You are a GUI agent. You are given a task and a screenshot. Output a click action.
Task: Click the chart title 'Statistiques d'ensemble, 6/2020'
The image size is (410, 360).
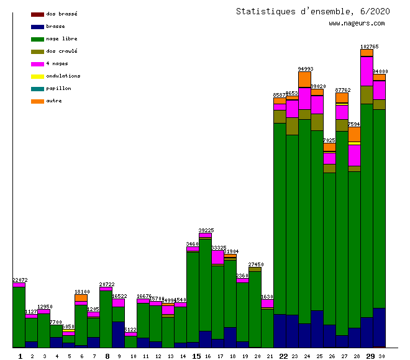(x=313, y=11)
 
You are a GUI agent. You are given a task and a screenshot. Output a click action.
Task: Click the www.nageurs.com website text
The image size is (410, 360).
(x=357, y=24)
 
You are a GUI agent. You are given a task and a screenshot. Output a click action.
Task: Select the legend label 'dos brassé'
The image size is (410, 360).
(x=61, y=14)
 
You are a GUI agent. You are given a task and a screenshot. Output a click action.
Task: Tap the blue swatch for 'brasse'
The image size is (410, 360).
(x=37, y=27)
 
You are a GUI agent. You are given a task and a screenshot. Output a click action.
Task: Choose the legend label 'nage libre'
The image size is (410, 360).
(x=61, y=38)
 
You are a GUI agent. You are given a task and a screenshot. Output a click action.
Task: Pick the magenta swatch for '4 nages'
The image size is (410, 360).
(x=37, y=64)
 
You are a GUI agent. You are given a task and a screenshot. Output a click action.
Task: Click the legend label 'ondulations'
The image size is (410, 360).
(x=63, y=76)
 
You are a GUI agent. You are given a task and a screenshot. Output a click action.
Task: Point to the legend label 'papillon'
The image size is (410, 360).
(x=58, y=88)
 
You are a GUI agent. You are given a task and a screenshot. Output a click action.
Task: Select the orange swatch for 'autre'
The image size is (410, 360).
(x=37, y=101)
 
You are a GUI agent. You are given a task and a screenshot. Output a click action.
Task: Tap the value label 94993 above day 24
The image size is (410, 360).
(x=305, y=69)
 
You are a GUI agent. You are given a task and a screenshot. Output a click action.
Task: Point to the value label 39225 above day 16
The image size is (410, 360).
(x=206, y=230)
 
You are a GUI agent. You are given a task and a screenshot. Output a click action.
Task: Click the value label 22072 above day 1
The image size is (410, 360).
(x=20, y=280)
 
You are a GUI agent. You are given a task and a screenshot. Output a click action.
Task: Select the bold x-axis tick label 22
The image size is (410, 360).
(x=283, y=356)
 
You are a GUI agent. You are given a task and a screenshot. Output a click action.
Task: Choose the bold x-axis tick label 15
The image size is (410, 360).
(x=196, y=356)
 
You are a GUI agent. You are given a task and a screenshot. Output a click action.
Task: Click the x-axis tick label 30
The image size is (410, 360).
(x=381, y=356)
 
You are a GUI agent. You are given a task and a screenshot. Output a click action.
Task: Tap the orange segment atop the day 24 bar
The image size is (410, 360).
(x=304, y=79)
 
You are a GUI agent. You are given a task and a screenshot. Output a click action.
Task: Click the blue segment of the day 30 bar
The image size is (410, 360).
(x=379, y=327)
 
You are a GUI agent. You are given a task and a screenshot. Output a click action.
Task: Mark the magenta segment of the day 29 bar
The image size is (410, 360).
(x=367, y=71)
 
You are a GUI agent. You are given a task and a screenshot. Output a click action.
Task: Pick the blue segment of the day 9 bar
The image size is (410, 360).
(x=118, y=334)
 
